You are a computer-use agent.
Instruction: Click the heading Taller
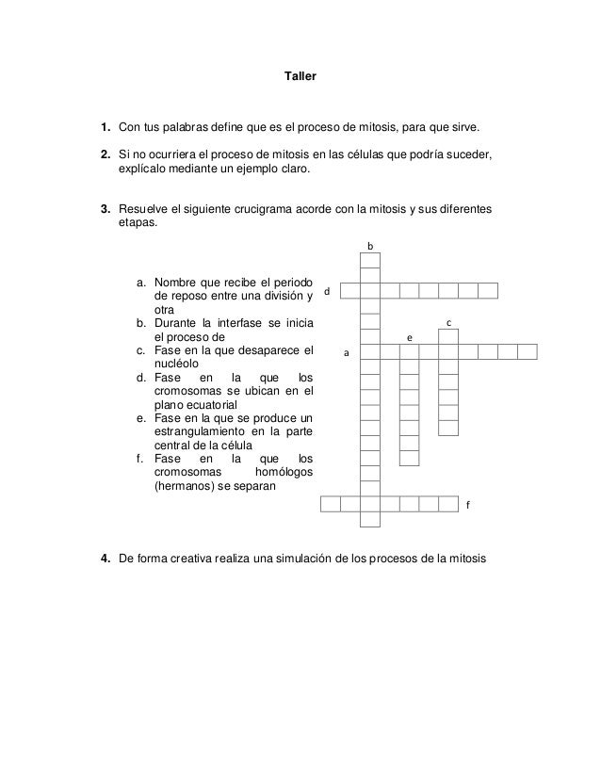(300, 73)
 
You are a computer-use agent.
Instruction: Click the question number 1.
(106, 125)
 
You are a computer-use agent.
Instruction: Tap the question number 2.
(106, 154)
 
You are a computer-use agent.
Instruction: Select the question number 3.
(106, 209)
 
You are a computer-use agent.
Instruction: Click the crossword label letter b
(370, 247)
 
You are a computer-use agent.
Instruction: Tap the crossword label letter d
(328, 292)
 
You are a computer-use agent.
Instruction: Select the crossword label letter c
(448, 323)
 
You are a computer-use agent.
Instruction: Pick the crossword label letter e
(408, 336)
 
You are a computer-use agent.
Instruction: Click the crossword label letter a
(345, 354)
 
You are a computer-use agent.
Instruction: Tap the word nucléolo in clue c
(176, 365)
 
